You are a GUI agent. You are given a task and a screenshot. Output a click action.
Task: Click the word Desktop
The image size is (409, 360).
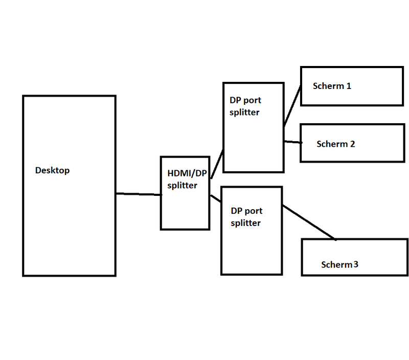[52, 170]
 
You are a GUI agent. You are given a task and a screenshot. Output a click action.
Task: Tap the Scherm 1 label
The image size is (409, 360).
[332, 86]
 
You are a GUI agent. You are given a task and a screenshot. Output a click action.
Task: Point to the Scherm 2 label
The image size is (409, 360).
[335, 144]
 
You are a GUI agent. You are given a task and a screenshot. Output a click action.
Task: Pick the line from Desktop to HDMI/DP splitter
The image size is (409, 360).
[139, 194]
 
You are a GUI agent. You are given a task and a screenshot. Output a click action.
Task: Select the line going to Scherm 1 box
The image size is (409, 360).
[292, 105]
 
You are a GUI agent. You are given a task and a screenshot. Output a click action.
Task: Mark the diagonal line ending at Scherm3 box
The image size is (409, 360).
[309, 222]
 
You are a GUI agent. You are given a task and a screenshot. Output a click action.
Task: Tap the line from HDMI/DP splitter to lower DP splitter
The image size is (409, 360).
[215, 198]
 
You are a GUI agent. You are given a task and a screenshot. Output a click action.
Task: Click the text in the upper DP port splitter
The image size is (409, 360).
[245, 106]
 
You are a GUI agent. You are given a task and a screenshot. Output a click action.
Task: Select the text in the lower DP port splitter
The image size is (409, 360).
[246, 217]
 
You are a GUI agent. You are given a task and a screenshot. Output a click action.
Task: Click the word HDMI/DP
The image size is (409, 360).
[187, 174]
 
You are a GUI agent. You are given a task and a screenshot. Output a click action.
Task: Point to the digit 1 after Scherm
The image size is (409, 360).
[349, 86]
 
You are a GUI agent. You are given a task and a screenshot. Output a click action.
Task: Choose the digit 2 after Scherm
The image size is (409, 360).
[352, 144]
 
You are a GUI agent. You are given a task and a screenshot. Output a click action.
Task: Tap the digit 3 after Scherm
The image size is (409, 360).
[355, 264]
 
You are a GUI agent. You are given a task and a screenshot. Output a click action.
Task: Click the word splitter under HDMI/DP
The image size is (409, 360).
[182, 186]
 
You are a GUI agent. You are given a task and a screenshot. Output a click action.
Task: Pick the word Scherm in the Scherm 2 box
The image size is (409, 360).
[331, 144]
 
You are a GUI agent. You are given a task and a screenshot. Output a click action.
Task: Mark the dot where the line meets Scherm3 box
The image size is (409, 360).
[335, 239]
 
